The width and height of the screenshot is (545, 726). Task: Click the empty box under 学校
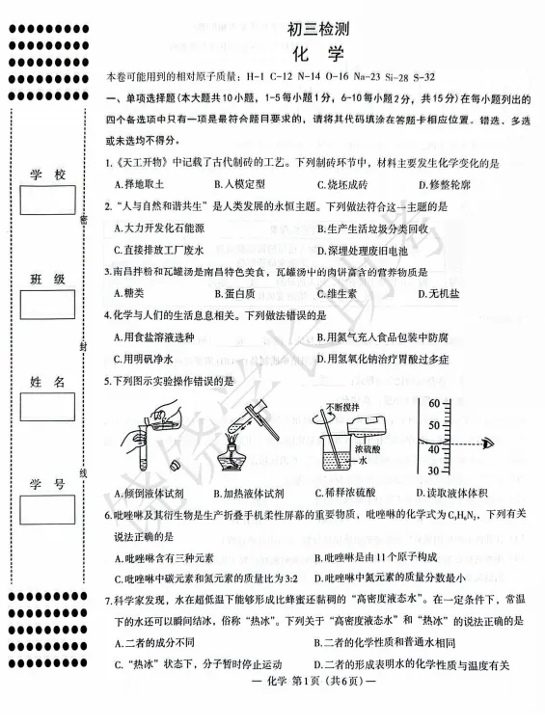[x=46, y=202]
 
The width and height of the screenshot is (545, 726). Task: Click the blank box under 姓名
[x=46, y=406]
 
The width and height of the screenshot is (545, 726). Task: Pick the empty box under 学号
[x=46, y=508]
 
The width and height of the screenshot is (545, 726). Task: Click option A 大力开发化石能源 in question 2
[x=161, y=228]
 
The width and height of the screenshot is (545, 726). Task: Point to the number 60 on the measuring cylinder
[x=434, y=402]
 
